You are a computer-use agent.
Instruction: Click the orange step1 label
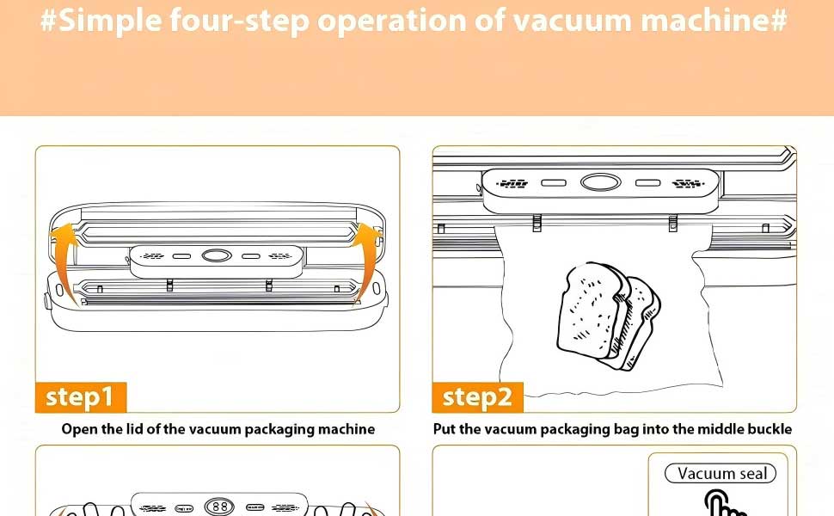tap(80, 396)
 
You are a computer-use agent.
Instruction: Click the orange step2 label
tap(477, 397)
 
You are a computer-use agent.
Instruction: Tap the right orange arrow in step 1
tap(368, 258)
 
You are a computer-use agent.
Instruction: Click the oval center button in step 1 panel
tap(217, 255)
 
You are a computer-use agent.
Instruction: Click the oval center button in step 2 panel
tap(600, 182)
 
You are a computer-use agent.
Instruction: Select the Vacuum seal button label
tap(721, 474)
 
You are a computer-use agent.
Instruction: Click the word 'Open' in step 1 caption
tap(78, 429)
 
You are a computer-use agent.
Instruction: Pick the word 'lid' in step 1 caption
tap(142, 429)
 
